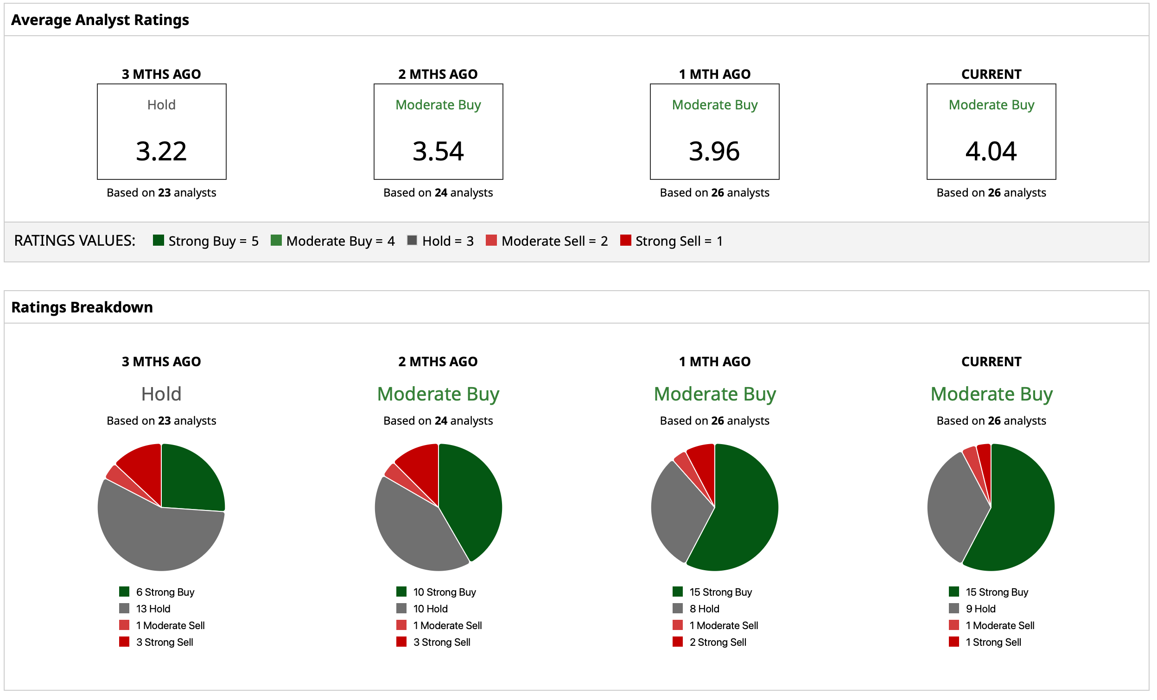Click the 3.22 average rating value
tap(161, 151)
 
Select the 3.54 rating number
tap(438, 151)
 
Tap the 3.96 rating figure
tap(714, 151)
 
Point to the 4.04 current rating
tap(991, 151)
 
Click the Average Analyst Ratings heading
tap(100, 20)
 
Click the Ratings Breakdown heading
tap(82, 307)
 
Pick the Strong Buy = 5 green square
tap(158, 241)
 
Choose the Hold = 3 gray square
tap(412, 241)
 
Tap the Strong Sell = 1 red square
tap(625, 241)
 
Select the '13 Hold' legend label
tap(153, 609)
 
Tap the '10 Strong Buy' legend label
tap(444, 592)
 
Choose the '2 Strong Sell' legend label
tap(718, 642)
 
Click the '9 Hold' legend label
tap(980, 609)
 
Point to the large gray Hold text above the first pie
tap(161, 394)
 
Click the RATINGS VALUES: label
tap(75, 241)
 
